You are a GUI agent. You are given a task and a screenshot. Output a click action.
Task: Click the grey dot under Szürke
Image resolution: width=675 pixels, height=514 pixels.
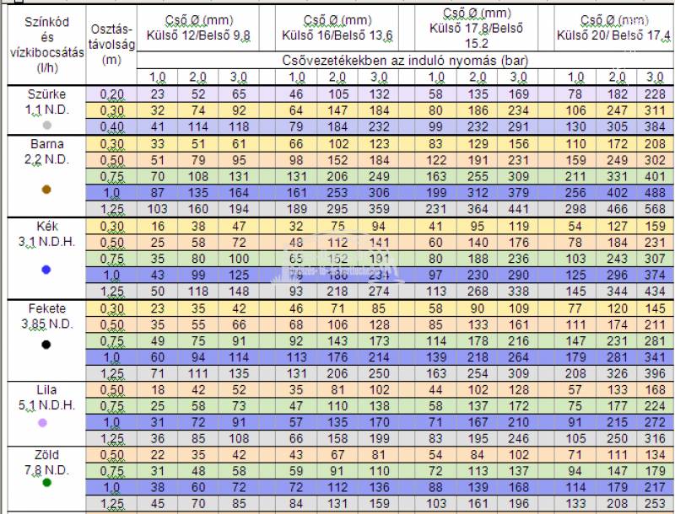pos(47,125)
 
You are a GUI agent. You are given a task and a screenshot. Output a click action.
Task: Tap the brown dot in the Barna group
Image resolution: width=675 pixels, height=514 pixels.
pos(47,190)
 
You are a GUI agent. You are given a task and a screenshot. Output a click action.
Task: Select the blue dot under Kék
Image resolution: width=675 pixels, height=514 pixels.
pos(47,270)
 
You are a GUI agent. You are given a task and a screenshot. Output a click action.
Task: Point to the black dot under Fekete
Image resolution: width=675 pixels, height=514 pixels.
pos(47,344)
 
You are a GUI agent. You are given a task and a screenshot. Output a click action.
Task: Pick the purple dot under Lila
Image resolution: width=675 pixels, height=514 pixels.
pos(47,425)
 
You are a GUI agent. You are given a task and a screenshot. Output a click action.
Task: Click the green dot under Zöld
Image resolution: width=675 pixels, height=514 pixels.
pos(47,482)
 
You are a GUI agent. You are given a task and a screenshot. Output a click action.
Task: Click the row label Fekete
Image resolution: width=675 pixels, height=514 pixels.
pos(46,308)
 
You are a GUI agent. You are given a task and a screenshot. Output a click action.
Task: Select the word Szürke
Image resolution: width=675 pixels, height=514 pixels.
pos(46,94)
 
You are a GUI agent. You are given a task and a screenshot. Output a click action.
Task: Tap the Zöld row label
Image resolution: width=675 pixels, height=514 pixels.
pos(46,455)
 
